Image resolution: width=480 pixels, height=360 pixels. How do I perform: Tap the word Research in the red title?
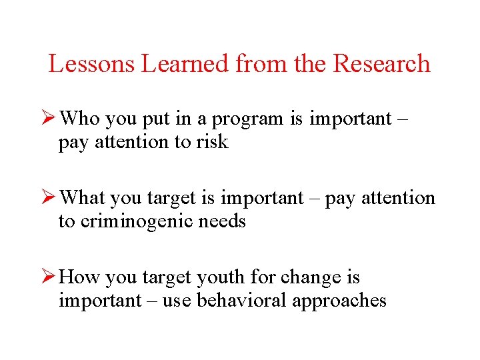(381, 64)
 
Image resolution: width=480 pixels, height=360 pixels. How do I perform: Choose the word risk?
(212, 142)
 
